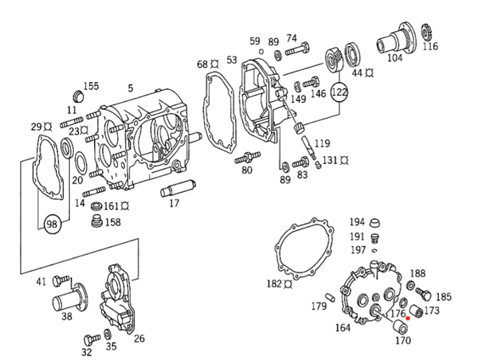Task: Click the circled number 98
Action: tap(53, 225)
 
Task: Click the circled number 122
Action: tap(339, 92)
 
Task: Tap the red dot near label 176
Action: tap(408, 319)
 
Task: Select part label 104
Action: tap(395, 58)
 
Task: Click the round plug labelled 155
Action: tap(78, 96)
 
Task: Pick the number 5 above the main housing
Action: tap(131, 88)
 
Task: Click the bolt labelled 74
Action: tap(297, 50)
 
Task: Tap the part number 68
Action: tap(202, 65)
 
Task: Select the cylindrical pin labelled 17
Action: tap(178, 189)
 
